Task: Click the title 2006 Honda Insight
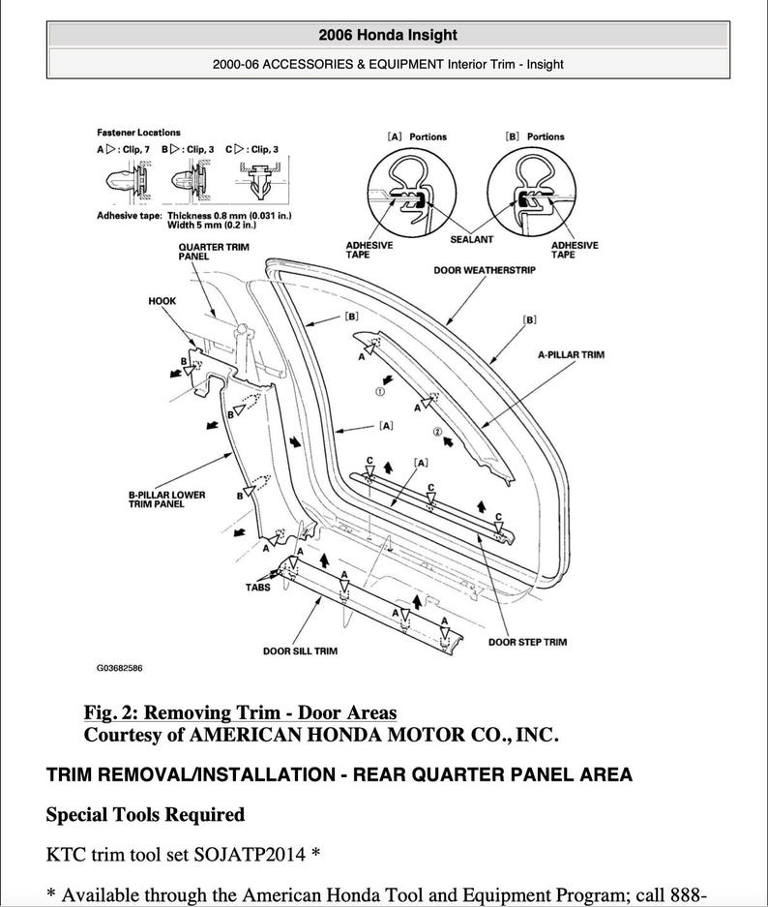tap(387, 35)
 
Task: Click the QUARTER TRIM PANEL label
tap(214, 253)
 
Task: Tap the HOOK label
tap(162, 301)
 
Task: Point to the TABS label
tap(259, 587)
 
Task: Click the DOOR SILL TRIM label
tap(300, 651)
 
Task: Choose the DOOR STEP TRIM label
tap(527, 642)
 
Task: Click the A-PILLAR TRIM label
tap(571, 355)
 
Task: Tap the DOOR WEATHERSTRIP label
tap(485, 270)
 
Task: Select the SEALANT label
tap(472, 239)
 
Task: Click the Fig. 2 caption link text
tap(240, 713)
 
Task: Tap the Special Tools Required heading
tap(145, 814)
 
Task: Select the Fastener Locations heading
tap(138, 133)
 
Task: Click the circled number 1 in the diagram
tap(380, 392)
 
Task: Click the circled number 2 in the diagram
tap(437, 431)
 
